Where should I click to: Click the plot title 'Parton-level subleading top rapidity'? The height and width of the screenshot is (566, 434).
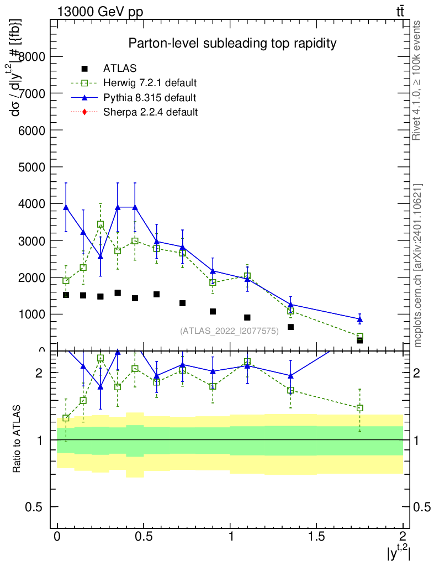coord(232,43)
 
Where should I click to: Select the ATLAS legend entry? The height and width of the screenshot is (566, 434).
coord(120,69)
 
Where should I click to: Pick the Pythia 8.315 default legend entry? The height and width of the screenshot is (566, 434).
coord(150,98)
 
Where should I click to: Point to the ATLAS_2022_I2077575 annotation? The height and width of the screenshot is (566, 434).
coord(229,331)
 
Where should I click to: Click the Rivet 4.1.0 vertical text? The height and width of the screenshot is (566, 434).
coord(417,81)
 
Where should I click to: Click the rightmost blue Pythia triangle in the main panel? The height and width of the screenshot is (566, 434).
coord(360,319)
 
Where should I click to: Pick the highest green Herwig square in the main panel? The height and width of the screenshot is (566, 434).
coord(100,224)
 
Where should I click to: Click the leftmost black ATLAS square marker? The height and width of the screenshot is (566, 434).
coord(66,295)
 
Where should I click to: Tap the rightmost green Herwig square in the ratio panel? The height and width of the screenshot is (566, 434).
coord(360,408)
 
